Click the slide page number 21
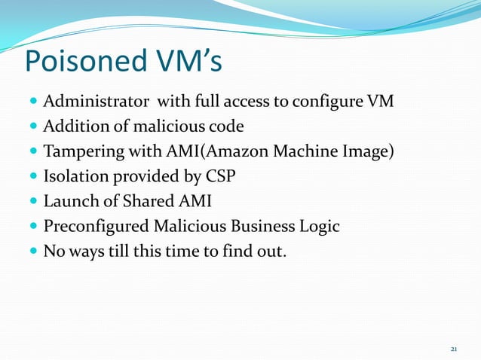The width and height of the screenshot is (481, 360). click(454, 349)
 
